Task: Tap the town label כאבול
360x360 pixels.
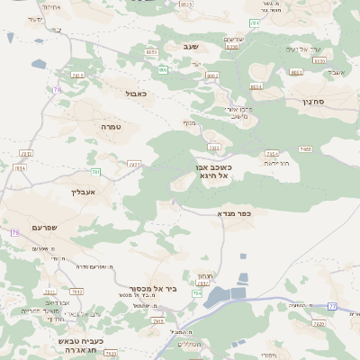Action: coord(137,93)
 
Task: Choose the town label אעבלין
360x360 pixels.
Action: coord(81,192)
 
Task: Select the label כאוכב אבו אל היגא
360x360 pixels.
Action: coord(212,172)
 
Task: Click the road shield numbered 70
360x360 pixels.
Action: coord(57,90)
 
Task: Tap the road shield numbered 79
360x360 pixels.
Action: coord(14,233)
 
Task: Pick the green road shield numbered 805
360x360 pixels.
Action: coord(163,69)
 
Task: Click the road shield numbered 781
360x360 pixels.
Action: coord(95,171)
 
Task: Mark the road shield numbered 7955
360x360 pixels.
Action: coord(305,149)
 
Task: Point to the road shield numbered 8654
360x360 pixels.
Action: coord(256,86)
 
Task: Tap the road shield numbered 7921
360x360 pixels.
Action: coord(134,165)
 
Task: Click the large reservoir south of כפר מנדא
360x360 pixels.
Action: coord(224,295)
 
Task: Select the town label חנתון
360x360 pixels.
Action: coord(204,275)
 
